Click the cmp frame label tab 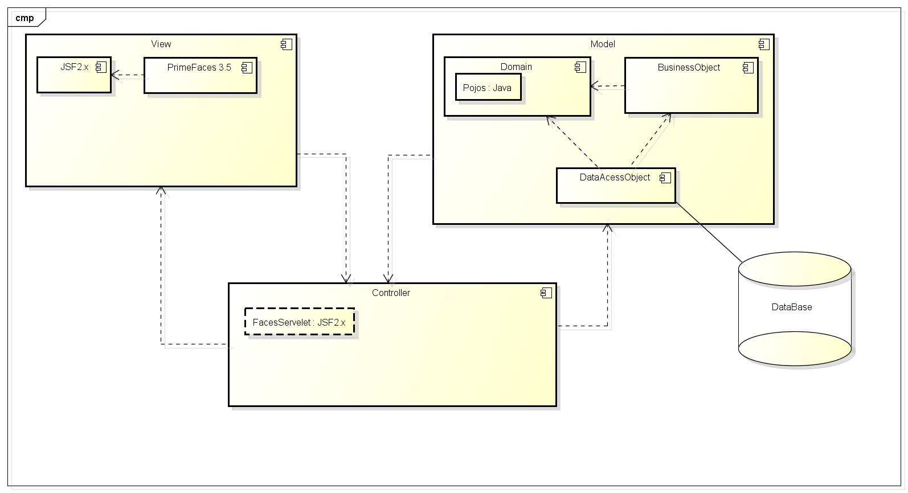[25, 18]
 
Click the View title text [161, 44]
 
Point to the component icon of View [287, 44]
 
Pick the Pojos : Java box [488, 88]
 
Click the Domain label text [516, 67]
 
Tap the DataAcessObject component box [615, 188]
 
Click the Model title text [603, 44]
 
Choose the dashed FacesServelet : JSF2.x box [299, 322]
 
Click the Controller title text [391, 293]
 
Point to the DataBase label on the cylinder [792, 307]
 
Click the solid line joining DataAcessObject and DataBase [709, 233]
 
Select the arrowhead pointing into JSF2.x [114, 75]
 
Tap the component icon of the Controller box [546, 293]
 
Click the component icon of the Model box [763, 44]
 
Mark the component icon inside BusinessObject [748, 68]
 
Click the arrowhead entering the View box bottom [162, 190]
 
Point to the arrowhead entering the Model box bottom [608, 228]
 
